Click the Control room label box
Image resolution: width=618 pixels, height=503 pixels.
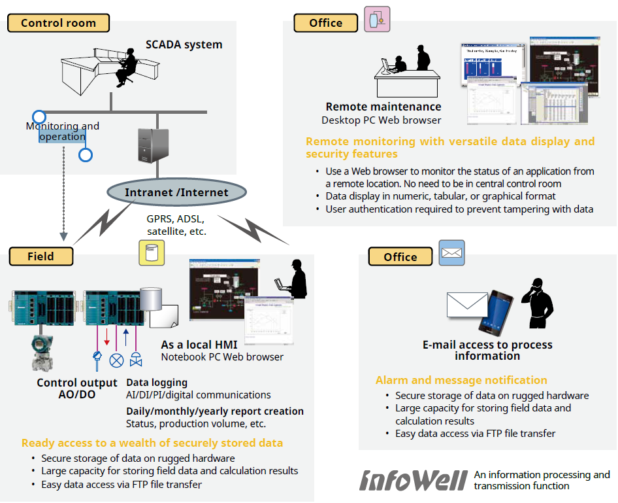click(x=58, y=23)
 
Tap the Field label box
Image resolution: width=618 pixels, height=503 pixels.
click(x=41, y=256)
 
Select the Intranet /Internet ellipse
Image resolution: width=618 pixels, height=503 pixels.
click(x=177, y=192)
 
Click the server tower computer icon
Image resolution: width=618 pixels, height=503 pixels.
click(x=150, y=145)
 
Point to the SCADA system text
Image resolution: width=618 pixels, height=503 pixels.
click(x=184, y=45)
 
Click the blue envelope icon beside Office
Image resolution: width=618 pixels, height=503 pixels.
click(x=451, y=252)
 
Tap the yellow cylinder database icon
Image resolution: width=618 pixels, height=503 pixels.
click(x=152, y=252)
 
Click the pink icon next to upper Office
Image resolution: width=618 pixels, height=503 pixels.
click(x=377, y=20)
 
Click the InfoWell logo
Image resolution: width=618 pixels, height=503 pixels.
click(x=413, y=479)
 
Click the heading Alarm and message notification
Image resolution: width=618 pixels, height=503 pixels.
click(x=461, y=380)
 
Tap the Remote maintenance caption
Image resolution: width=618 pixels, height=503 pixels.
click(x=383, y=107)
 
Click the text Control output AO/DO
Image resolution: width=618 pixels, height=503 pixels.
click(x=77, y=389)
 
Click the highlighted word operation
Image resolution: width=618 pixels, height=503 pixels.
click(x=62, y=137)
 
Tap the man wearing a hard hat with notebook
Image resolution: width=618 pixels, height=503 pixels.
click(x=294, y=279)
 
